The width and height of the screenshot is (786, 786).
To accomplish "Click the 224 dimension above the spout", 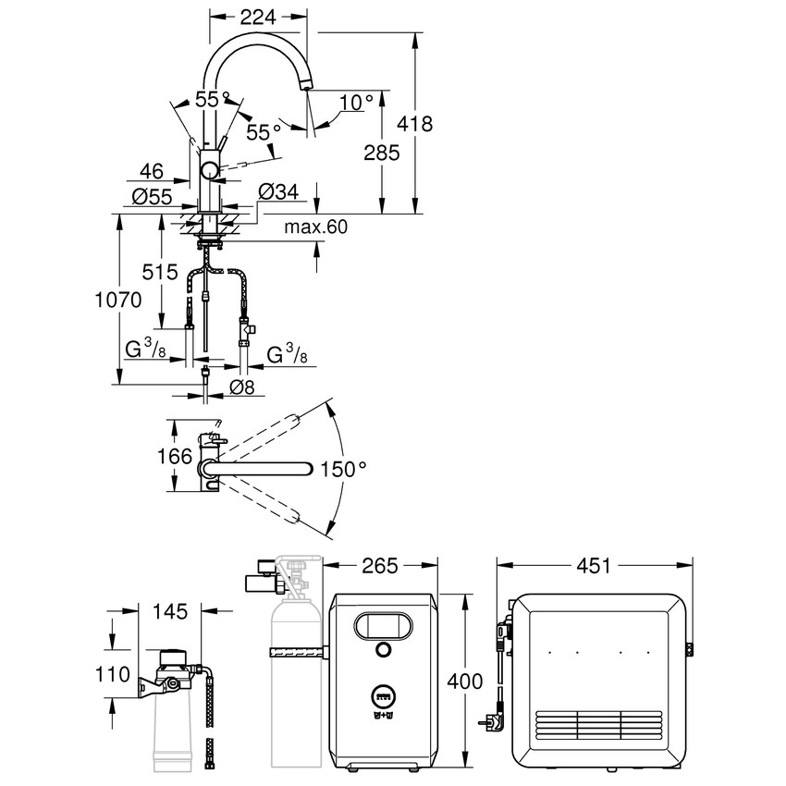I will tap(258, 15).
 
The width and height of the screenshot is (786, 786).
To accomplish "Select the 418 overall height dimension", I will tap(414, 124).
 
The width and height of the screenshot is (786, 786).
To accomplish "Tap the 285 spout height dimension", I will tap(381, 153).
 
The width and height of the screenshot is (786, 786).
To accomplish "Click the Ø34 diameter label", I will tap(278, 191).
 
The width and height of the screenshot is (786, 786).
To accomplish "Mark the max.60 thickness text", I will tap(315, 227).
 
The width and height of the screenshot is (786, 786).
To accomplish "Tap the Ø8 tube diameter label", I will tap(241, 388).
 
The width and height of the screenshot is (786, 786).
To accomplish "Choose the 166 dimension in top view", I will tap(175, 457).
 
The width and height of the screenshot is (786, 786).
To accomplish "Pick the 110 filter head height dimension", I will tap(114, 674).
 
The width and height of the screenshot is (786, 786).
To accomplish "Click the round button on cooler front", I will tap(382, 652).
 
